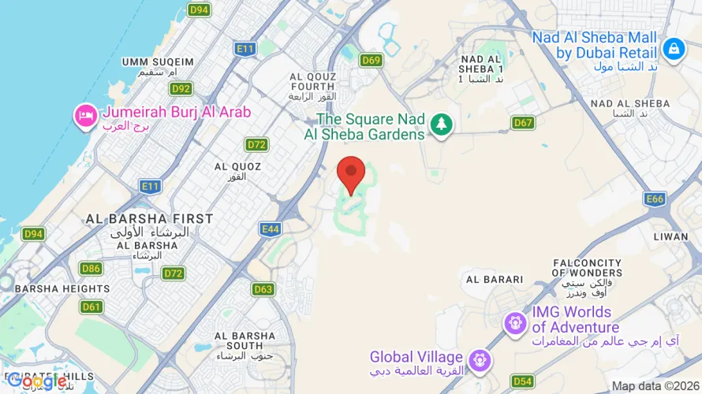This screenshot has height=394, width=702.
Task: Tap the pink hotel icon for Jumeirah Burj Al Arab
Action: click(x=84, y=117)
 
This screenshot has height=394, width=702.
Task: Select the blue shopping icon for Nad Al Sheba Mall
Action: click(x=673, y=49)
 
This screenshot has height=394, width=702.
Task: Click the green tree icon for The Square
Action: click(x=440, y=124)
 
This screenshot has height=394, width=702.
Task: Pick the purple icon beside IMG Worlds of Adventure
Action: click(x=516, y=322)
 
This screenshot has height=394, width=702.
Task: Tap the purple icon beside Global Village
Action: click(x=478, y=361)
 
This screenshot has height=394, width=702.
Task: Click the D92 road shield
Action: click(x=181, y=89)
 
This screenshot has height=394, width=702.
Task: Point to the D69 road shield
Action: click(x=371, y=60)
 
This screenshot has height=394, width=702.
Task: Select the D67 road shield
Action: click(x=523, y=122)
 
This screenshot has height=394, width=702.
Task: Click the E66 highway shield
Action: click(x=654, y=199)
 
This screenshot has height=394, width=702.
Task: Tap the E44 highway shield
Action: click(x=271, y=229)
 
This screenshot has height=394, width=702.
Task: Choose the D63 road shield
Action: click(x=263, y=289)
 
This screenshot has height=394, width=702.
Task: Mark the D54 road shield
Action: click(x=522, y=381)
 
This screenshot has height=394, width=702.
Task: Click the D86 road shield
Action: click(x=91, y=269)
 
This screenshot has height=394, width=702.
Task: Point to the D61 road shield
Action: click(x=91, y=307)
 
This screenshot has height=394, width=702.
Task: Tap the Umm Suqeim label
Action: click(x=158, y=62)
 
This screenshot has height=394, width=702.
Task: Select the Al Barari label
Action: click(x=495, y=279)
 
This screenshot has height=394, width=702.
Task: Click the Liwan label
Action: click(x=671, y=236)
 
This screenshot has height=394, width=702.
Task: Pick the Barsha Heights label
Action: click(x=62, y=288)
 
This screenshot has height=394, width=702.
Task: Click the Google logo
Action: click(x=35, y=381)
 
